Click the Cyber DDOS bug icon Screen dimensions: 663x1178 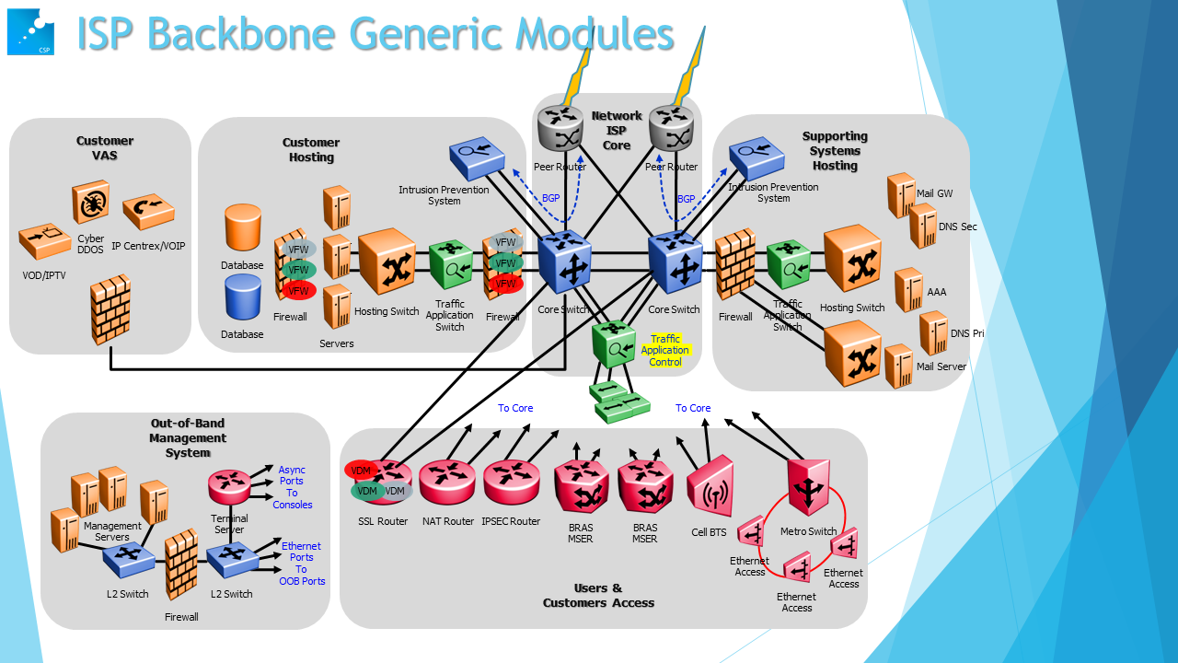tap(91, 204)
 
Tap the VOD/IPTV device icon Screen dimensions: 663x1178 tap(44, 243)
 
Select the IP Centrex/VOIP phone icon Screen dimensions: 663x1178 tap(148, 212)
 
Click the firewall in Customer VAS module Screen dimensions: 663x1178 tap(110, 308)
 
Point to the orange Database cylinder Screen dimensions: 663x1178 tap(243, 227)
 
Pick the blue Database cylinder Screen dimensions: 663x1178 tap(243, 297)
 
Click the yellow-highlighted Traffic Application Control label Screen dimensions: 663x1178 tap(665, 351)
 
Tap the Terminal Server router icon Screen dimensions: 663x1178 tap(229, 485)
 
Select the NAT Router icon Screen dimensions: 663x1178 tap(447, 482)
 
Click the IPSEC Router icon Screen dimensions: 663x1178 tap(511, 482)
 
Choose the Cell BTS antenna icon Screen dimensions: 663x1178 tap(710, 490)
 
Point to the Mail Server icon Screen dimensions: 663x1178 tap(898, 366)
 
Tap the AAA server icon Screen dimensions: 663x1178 tap(908, 289)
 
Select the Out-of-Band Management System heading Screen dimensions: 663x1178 tap(188, 437)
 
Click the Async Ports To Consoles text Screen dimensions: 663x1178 tap(293, 487)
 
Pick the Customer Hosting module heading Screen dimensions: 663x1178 tap(311, 149)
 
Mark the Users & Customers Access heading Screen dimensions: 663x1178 tap(598, 595)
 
